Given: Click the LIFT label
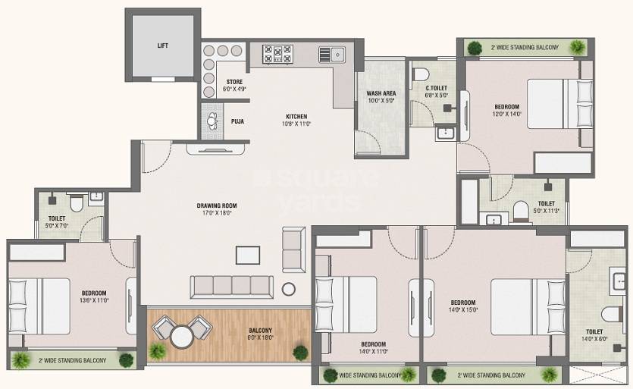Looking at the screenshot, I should click(x=163, y=45).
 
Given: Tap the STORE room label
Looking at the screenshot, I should click(x=234, y=82).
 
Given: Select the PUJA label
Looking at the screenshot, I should click(x=237, y=121).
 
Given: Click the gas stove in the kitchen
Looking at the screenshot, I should click(x=277, y=53).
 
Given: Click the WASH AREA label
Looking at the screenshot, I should click(x=381, y=93).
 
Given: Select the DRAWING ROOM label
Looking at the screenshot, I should click(x=218, y=205).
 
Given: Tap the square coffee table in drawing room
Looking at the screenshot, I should click(x=247, y=254).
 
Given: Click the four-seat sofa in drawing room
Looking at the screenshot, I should click(x=231, y=285).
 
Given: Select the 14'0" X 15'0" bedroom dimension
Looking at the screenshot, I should click(x=462, y=309).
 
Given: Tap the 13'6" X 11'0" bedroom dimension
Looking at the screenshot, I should click(x=95, y=300).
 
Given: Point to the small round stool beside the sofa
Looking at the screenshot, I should click(x=289, y=289).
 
